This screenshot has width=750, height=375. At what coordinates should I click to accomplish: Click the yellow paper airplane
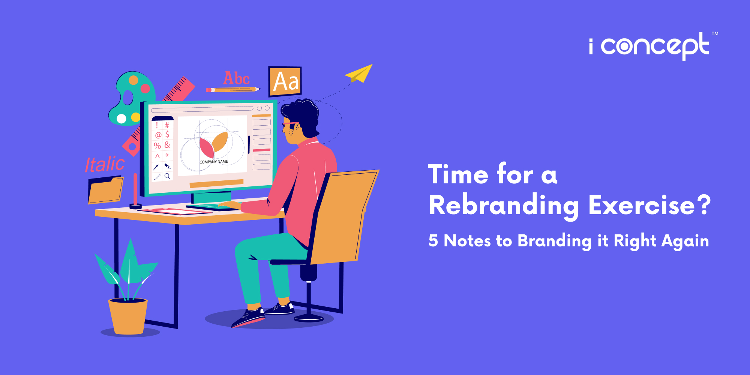359,73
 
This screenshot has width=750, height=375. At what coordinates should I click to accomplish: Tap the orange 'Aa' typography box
285,81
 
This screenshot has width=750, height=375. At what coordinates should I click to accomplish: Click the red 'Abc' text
237,78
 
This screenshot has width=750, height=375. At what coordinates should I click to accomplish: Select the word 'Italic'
105,164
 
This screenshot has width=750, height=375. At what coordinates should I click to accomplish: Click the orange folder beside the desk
105,190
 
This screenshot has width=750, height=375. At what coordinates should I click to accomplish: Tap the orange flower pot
128,316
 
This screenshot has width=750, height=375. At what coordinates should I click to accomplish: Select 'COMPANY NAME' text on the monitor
213,162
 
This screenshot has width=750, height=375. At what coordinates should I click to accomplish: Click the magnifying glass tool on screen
167,176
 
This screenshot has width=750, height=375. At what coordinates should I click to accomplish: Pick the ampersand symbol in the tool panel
167,145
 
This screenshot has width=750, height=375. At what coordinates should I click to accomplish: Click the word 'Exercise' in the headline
642,205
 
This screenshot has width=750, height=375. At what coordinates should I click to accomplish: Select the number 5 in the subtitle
433,241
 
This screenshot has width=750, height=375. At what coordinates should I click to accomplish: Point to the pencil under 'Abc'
232,90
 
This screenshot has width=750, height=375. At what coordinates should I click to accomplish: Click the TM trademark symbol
715,34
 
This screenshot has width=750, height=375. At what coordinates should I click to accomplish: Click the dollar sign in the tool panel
167,134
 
